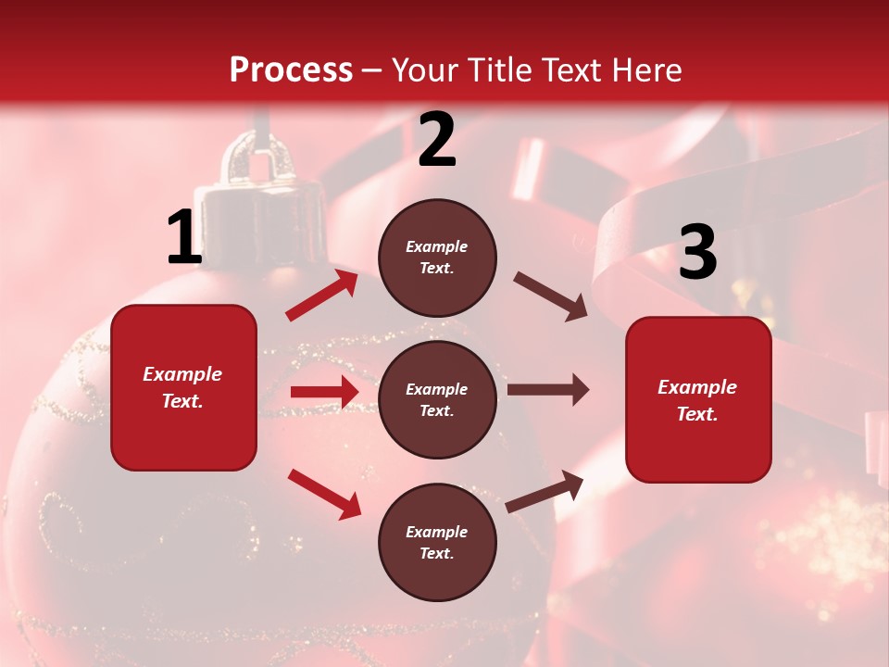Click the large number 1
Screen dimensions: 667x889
tap(184, 238)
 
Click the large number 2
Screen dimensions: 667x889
tap(437, 141)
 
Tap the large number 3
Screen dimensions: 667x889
tap(697, 252)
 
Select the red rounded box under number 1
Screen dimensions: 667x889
tap(183, 387)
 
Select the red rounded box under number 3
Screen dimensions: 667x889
tap(698, 399)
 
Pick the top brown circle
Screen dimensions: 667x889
tap(437, 258)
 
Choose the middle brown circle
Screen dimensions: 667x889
tap(437, 399)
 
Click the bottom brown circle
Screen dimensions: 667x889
tap(437, 542)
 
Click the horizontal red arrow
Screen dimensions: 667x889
tap(324, 392)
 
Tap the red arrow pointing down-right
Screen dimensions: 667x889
tap(324, 493)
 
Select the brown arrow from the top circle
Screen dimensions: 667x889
tap(550, 296)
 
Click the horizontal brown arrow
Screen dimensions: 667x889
tap(548, 391)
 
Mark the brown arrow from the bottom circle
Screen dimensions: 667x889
tap(545, 491)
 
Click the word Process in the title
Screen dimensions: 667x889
tap(291, 69)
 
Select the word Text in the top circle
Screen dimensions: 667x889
tap(435, 268)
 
